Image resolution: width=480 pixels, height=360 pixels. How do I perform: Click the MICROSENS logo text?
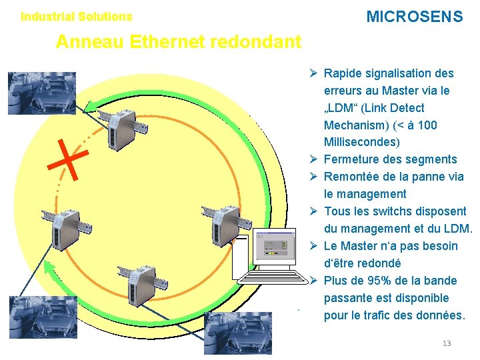tap(414, 17)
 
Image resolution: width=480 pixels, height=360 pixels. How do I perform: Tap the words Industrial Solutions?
tap(77, 17)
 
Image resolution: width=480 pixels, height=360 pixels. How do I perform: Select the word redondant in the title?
tap(255, 43)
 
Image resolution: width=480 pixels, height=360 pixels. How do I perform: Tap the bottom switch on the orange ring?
tap(137, 283)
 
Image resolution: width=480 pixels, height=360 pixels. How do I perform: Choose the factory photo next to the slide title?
tap(32, 93)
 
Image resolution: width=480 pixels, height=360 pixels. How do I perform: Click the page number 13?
tap(446, 343)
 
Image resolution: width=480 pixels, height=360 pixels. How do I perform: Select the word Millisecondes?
tap(362, 142)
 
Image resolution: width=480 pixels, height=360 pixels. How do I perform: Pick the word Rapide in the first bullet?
tap(344, 73)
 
